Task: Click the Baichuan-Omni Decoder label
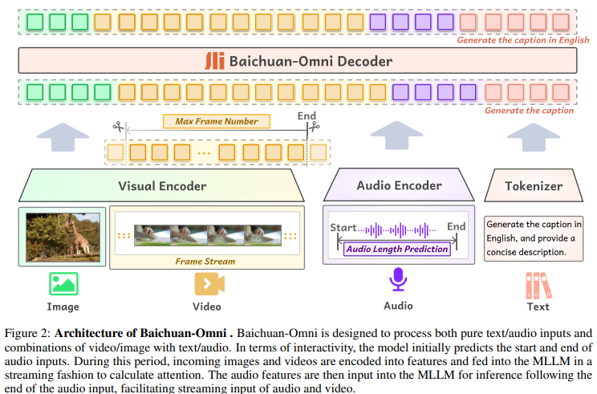311,61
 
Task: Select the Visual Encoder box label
162,186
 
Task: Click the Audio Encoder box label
399,185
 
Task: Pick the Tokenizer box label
533,186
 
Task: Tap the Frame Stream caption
205,262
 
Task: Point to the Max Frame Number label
216,122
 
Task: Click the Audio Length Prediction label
396,249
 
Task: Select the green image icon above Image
63,283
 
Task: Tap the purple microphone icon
398,281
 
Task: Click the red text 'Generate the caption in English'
524,39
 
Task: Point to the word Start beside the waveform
343,227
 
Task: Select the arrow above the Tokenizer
533,136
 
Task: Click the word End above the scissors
307,115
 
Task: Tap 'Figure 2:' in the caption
28,332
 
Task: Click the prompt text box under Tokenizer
533,237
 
